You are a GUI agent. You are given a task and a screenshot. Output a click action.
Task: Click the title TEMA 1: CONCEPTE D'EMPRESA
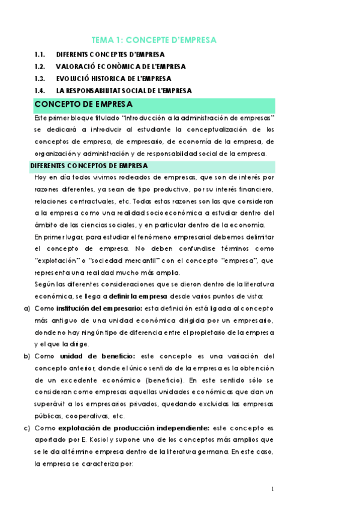(x=153, y=40)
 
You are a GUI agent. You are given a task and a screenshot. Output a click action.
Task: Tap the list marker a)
(x=26, y=308)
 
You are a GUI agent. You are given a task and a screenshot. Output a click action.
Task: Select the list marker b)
(x=26, y=356)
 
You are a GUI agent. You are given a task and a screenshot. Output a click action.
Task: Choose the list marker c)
(x=26, y=428)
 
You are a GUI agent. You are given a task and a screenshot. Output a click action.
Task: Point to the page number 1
(x=272, y=489)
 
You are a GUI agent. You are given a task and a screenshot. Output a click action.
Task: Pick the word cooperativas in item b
(x=84, y=416)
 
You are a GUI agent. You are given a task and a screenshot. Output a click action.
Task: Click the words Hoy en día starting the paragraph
(x=51, y=178)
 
